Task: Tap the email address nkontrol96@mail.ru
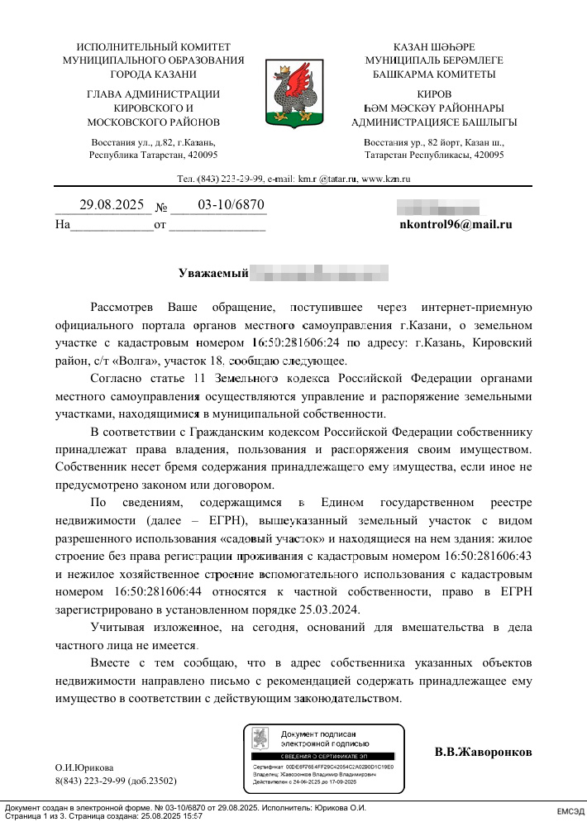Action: (456, 223)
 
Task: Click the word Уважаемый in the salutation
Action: (213, 272)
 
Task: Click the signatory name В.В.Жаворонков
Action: (483, 753)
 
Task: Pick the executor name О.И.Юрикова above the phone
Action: (84, 767)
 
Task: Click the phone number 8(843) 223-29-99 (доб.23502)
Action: (116, 781)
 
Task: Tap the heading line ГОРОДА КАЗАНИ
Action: (153, 74)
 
